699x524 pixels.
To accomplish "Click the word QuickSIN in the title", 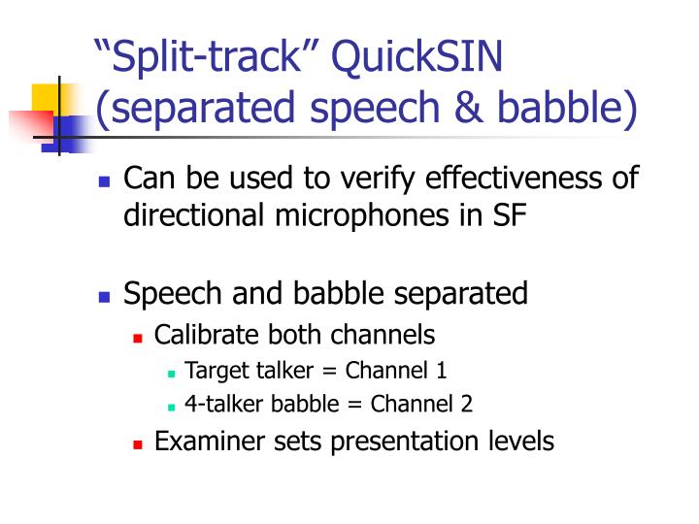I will (x=417, y=55).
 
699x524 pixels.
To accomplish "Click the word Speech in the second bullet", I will (x=172, y=293).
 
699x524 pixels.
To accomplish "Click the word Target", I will (x=215, y=370).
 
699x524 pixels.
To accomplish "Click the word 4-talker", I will (x=221, y=404).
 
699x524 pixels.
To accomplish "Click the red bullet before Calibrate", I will (x=138, y=338).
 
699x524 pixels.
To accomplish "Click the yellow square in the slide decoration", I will (x=46, y=97).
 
